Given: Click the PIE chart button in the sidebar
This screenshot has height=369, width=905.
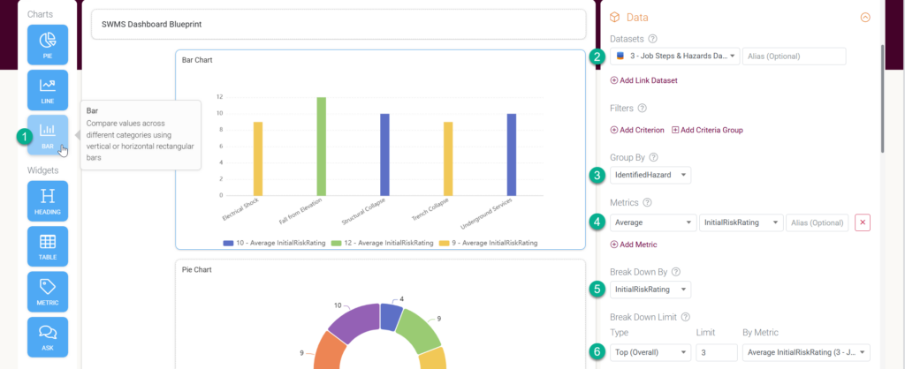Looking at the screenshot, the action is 48,44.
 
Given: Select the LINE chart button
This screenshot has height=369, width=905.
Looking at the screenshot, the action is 48,90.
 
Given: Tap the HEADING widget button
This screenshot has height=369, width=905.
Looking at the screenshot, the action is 48,200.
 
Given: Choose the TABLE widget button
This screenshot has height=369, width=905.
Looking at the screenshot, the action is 48,246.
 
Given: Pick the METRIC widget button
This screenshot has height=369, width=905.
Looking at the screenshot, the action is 48,291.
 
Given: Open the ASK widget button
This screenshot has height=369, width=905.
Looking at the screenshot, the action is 48,337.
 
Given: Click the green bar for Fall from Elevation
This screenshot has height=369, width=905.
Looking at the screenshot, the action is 322,147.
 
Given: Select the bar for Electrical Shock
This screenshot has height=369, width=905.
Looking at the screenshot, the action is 258,159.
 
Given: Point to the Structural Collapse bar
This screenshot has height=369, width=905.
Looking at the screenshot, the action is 384,154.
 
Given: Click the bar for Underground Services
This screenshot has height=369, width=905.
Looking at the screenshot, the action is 511,154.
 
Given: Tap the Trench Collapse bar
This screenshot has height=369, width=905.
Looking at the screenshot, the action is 448,159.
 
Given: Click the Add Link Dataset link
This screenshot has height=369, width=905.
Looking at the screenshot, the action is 643,80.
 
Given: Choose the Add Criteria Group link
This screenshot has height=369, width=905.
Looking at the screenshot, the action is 707,130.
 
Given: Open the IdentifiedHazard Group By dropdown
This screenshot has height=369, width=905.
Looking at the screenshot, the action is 650,175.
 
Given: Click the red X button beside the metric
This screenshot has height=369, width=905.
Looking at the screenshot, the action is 863,222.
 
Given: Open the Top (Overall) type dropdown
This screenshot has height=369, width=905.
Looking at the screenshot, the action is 650,352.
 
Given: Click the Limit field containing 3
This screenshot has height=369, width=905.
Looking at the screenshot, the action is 717,352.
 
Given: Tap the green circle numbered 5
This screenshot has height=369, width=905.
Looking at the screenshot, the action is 597,289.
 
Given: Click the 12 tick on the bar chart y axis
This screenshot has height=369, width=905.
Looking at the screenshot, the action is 219,97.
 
